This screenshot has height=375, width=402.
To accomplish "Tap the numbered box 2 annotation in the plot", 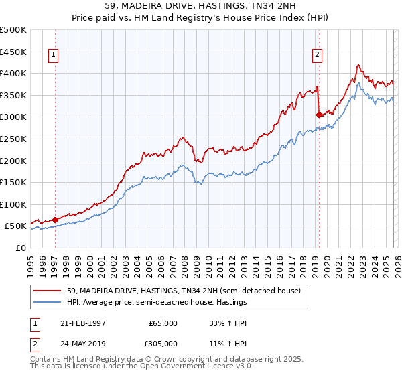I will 317,56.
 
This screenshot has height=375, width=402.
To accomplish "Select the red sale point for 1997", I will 55,219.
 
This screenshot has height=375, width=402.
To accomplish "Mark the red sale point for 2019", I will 319,115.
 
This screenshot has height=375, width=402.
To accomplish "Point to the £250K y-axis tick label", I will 13,139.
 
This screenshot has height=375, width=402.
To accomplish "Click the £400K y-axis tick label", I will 13,74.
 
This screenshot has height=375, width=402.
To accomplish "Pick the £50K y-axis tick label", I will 15,226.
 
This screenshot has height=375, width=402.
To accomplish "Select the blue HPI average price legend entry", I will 157,302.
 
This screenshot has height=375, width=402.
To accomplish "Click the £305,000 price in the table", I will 161,342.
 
